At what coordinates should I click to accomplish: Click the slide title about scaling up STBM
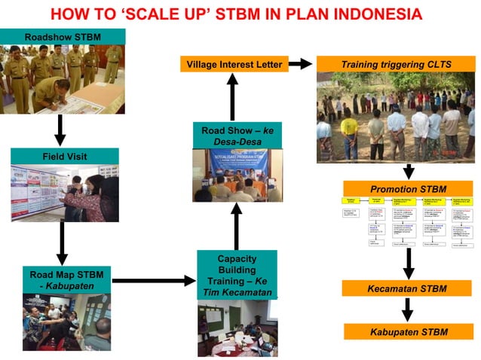coord(235,14)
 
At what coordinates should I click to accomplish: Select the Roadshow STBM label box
coord(63,37)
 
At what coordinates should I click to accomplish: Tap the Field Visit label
coord(64,157)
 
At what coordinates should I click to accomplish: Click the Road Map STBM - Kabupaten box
coord(66,279)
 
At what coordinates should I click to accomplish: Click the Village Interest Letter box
coord(234,65)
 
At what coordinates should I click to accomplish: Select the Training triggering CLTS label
coord(396,65)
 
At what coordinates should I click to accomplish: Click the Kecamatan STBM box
coord(407,288)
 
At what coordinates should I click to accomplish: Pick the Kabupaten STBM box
coord(407,331)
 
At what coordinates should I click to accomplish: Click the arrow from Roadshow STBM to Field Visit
coord(60,130)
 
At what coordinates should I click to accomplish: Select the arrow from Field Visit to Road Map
coord(62,243)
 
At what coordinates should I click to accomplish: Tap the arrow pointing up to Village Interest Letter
coord(232,96)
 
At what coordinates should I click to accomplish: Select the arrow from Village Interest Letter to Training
coord(299,65)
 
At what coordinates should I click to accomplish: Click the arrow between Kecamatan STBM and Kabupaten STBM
coord(407,310)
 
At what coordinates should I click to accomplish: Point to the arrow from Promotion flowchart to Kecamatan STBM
coord(407,263)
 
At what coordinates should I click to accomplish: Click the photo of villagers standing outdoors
coord(395,117)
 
